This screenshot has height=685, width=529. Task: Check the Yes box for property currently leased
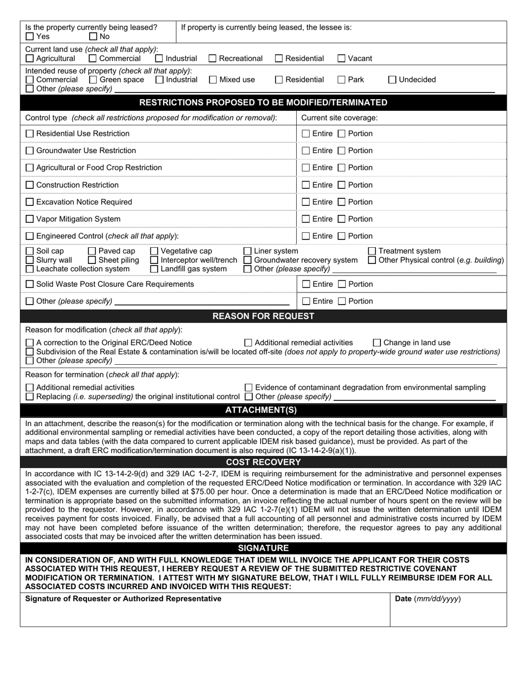(x=30, y=37)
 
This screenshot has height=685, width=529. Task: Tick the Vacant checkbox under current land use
(x=342, y=58)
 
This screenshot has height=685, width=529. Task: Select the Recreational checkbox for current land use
(x=213, y=58)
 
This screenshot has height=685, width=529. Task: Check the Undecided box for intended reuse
(x=392, y=80)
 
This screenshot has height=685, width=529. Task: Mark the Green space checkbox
(x=93, y=80)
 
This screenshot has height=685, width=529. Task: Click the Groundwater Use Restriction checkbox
(x=30, y=151)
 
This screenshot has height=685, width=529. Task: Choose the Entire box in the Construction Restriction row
(x=306, y=185)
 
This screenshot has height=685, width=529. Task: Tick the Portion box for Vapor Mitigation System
(x=342, y=219)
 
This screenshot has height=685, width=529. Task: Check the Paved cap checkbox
(x=92, y=251)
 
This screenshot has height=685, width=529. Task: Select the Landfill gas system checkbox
(x=154, y=269)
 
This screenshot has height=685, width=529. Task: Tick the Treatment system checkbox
(x=372, y=251)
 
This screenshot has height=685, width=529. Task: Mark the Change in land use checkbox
(x=377, y=343)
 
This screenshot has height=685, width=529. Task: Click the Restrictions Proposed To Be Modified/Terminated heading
(x=263, y=102)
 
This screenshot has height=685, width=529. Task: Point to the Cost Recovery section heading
(x=263, y=462)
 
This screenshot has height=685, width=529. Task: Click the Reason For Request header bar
(x=263, y=316)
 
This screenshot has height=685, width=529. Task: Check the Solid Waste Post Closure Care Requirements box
(x=30, y=285)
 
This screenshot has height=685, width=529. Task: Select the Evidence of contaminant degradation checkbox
(x=249, y=388)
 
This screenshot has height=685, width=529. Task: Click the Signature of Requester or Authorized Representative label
(x=123, y=599)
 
